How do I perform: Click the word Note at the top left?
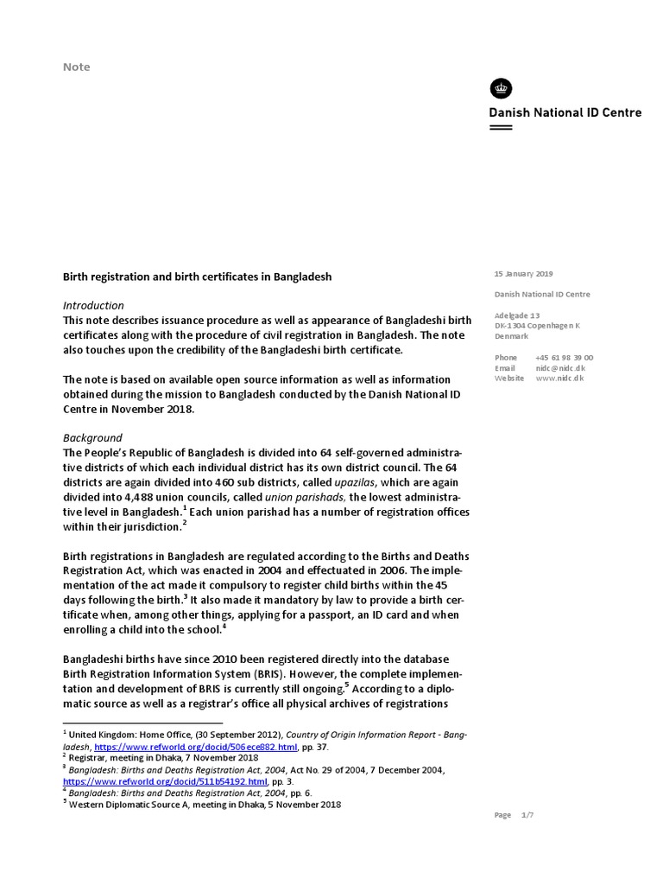77,67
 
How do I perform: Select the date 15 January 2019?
523,274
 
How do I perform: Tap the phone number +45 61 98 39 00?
564,357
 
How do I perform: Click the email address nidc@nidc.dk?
559,367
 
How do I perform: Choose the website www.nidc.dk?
559,378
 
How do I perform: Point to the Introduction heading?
94,305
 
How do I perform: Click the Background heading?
93,437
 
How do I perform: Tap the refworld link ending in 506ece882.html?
196,746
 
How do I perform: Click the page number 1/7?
528,815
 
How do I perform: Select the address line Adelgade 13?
517,315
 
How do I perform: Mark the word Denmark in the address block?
512,336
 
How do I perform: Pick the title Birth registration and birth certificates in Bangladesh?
198,277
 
